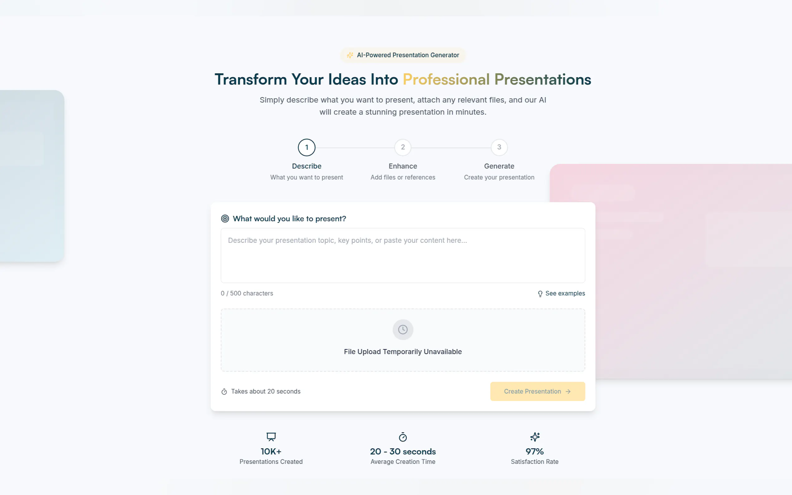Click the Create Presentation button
tap(537, 391)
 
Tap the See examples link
tap(561, 293)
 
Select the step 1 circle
tap(307, 147)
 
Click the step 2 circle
tap(403, 147)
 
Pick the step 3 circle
tap(499, 147)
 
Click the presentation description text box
tap(403, 255)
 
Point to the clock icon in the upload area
tap(403, 329)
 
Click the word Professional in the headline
tap(446, 79)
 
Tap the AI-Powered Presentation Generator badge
tap(403, 55)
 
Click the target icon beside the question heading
tap(225, 219)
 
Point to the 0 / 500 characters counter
tap(247, 293)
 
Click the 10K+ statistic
tap(271, 451)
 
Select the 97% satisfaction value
tap(535, 451)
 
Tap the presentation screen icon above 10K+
tap(271, 437)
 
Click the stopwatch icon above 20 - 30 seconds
tap(403, 437)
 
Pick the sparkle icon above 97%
tap(535, 437)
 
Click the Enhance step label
tap(403, 166)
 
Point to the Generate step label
tap(499, 166)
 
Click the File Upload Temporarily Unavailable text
tap(403, 352)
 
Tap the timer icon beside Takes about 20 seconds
tap(224, 392)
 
